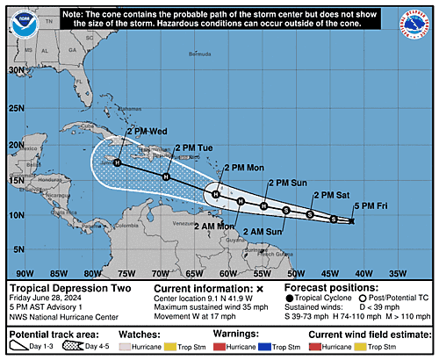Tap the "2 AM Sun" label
tap(263, 231)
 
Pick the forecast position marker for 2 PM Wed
tap(117, 162)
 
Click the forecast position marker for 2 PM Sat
tap(310, 213)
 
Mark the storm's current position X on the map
tap(351, 221)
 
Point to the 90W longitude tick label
tap(25, 272)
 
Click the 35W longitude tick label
tap(397, 272)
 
